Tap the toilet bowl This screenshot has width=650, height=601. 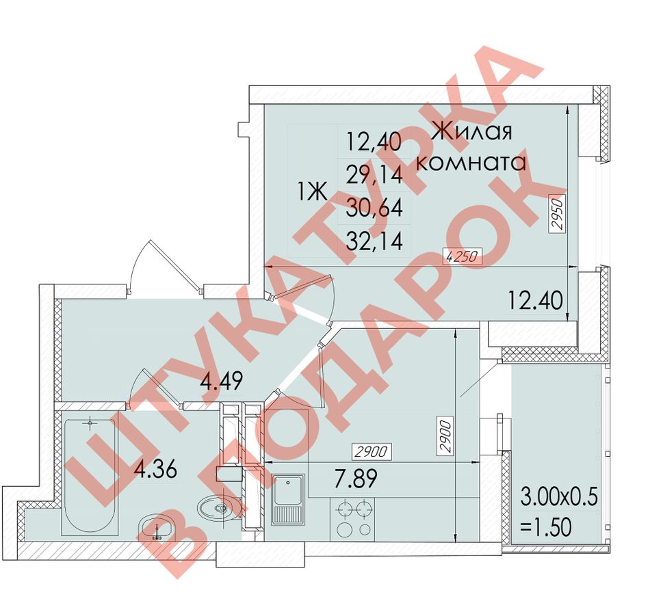pos(218,508)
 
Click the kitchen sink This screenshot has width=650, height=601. pos(288,500)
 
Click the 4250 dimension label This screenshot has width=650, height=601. pos(463,256)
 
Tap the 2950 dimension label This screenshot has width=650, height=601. pos(558,214)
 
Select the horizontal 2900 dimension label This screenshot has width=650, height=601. pos(372,451)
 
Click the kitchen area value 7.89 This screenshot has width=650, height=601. pos(356,479)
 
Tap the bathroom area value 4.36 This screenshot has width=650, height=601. pos(156,470)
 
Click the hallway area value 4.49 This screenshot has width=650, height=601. pos(221,380)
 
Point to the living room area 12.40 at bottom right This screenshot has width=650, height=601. pos(536,300)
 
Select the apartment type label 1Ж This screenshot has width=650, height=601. pos(313,192)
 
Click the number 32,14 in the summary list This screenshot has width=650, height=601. pos(374,241)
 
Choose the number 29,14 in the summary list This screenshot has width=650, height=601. pos(374,174)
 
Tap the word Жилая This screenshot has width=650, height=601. pos(473,131)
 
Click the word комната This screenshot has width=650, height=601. pos(471,163)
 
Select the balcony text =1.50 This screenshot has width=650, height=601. pos(545,527)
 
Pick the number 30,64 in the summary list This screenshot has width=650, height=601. pos(374,208)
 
